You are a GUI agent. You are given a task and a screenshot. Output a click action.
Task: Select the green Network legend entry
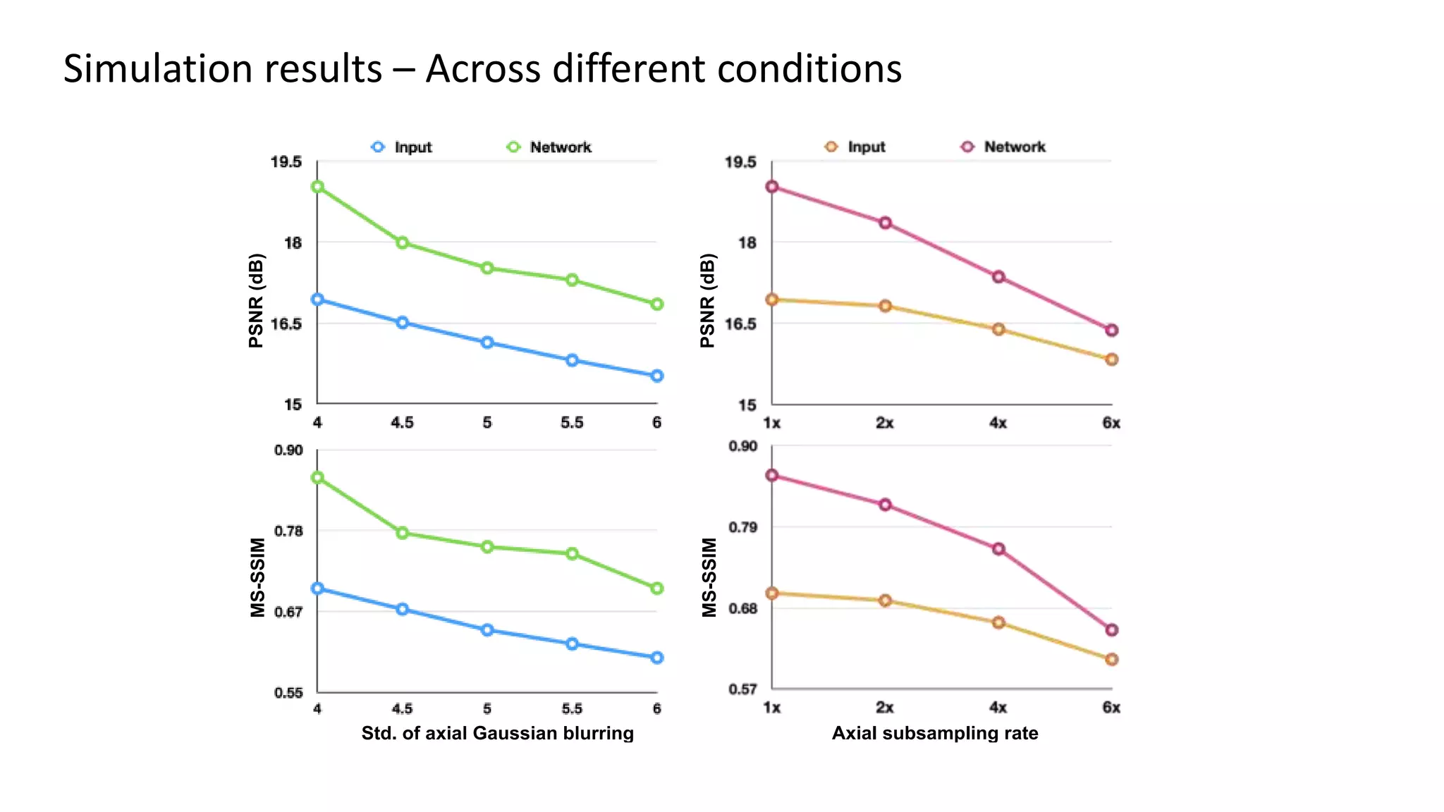pyautogui.click(x=550, y=147)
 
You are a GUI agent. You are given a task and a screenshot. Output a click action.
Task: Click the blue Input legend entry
pyautogui.click(x=402, y=147)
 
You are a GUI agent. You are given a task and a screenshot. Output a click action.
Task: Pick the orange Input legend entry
pyautogui.click(x=855, y=147)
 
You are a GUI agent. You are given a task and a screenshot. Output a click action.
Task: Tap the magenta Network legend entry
pyautogui.click(x=1003, y=147)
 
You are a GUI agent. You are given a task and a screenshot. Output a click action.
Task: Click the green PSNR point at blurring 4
pyautogui.click(x=318, y=187)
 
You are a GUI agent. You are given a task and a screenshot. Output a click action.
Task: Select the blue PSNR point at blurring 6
pyautogui.click(x=657, y=376)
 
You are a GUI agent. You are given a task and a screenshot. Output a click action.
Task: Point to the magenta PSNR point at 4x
pyautogui.click(x=998, y=277)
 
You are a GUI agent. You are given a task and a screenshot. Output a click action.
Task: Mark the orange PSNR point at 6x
pyautogui.click(x=1112, y=359)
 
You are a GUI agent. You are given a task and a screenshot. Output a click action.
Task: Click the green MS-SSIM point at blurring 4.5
pyautogui.click(x=403, y=533)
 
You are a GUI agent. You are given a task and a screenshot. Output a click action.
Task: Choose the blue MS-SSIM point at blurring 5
pyautogui.click(x=487, y=630)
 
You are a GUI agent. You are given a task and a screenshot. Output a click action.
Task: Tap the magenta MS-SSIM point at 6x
pyautogui.click(x=1112, y=630)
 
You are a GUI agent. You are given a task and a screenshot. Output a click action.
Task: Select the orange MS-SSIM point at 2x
pyautogui.click(x=886, y=601)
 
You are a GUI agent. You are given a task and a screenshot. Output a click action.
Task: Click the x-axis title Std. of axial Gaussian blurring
pyautogui.click(x=498, y=733)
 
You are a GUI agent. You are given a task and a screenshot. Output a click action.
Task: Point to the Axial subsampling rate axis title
pyautogui.click(x=935, y=733)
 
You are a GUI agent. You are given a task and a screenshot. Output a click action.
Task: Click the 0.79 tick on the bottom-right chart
pyautogui.click(x=742, y=527)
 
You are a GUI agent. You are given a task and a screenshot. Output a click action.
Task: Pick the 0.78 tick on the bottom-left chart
pyautogui.click(x=288, y=531)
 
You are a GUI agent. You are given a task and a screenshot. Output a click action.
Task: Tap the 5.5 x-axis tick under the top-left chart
pyautogui.click(x=572, y=423)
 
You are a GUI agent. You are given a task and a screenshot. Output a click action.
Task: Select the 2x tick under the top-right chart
pyautogui.click(x=885, y=423)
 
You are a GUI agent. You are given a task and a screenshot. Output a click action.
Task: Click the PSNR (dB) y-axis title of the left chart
pyautogui.click(x=257, y=300)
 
